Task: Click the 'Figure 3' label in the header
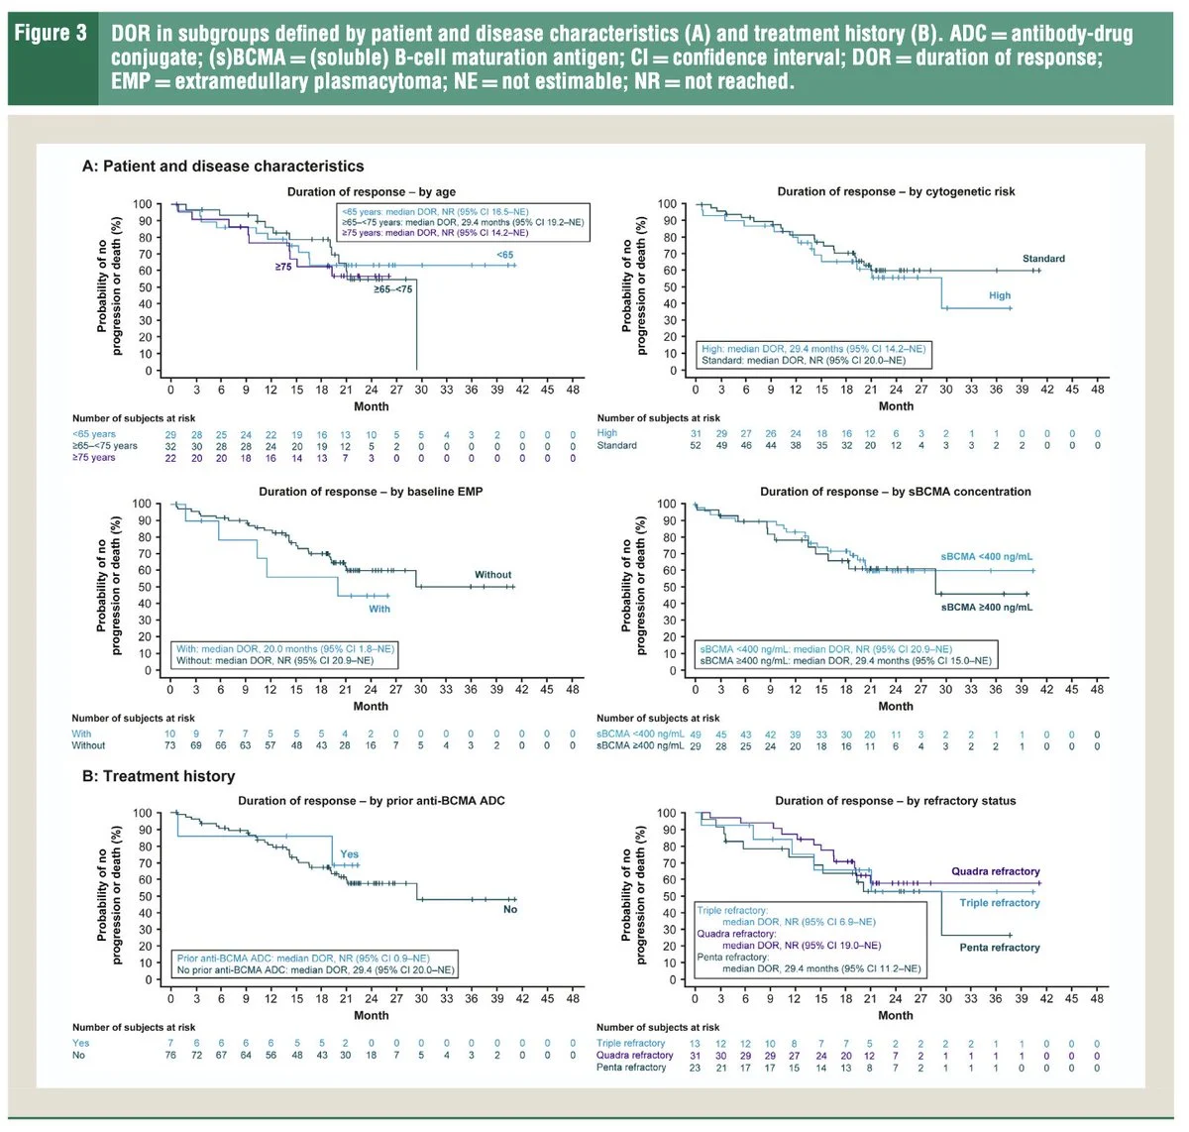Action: pos(52,35)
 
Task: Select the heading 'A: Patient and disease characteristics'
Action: pos(223,167)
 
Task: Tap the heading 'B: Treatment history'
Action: pos(159,776)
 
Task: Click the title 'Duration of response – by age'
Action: pos(372,191)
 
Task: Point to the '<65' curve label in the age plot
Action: pos(505,255)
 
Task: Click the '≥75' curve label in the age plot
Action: pos(283,268)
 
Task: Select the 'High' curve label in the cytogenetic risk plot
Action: pos(999,295)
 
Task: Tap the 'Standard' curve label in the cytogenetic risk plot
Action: pos(1043,259)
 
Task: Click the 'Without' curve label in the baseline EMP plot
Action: pos(492,575)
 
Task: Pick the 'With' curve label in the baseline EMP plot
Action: pos(379,609)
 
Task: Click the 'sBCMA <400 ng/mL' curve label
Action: pos(986,557)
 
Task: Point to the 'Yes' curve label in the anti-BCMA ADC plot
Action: pos(350,854)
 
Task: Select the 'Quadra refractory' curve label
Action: pos(995,871)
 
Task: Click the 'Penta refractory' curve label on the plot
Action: pos(1000,948)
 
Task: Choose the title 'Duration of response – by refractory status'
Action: pos(895,801)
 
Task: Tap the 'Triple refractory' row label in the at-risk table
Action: pos(631,1044)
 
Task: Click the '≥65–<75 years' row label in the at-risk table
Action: pos(105,446)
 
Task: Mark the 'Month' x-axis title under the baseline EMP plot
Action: pos(371,707)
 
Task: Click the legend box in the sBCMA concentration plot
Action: pos(844,655)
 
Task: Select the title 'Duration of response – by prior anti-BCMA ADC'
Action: pos(372,801)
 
